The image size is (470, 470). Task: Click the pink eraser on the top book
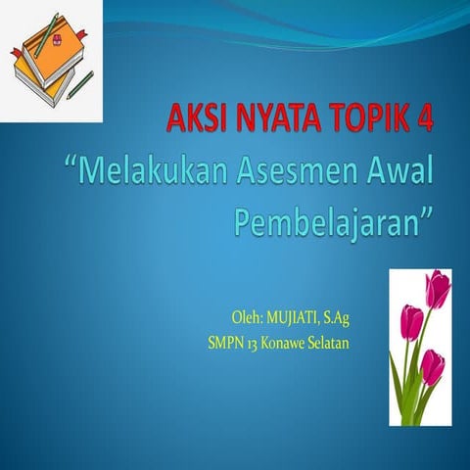click(x=57, y=42)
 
